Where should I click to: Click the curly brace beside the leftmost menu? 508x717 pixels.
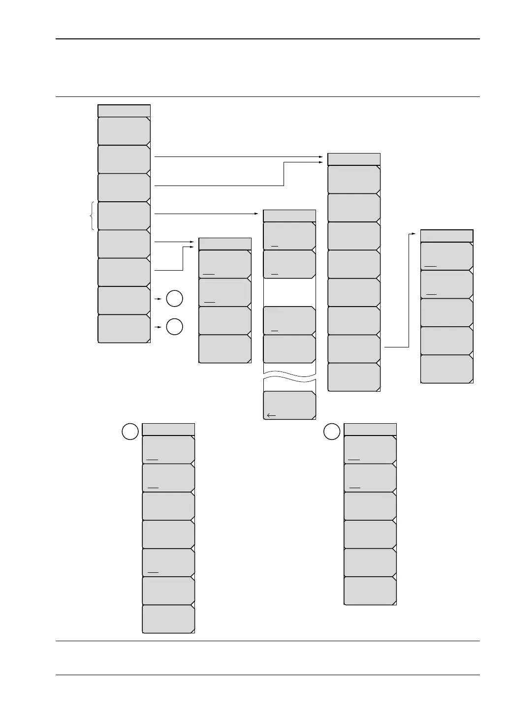[93, 217]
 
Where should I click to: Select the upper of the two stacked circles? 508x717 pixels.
[175, 299]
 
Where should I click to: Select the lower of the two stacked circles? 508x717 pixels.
[175, 327]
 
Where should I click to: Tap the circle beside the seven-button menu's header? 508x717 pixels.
[130, 432]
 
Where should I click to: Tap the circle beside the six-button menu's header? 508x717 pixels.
[332, 432]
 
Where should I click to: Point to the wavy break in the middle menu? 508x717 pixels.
[289, 377]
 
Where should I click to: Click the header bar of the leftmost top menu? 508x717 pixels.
[124, 110]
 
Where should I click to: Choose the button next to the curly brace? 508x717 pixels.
[124, 216]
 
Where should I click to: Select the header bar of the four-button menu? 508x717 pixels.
[225, 244]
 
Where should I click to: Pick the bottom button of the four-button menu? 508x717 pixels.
[225, 349]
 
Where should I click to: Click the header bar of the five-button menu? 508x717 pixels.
[446, 236]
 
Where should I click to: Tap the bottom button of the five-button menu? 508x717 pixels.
[446, 369]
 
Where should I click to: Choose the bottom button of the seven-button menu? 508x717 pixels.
[168, 619]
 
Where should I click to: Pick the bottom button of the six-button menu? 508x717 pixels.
[370, 591]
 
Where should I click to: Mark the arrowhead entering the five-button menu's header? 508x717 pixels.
[417, 235]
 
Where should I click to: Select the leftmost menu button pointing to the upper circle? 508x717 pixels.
[124, 300]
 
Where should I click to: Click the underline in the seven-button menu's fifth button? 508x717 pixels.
[153, 572]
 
